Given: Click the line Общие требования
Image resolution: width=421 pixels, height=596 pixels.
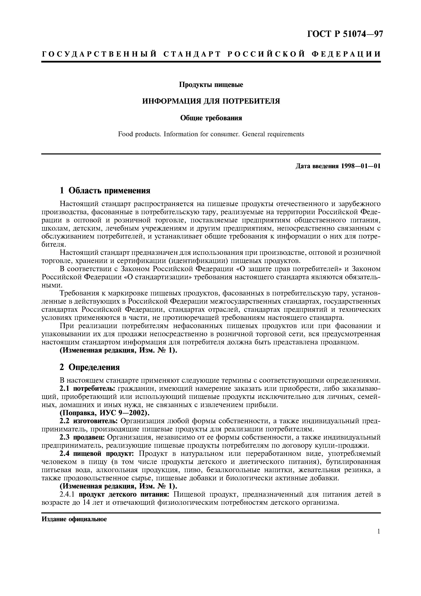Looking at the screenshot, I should (211, 118).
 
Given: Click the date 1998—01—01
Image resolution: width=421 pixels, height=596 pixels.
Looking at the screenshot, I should (361, 166).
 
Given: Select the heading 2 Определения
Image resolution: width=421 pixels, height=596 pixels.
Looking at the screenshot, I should (90, 367).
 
